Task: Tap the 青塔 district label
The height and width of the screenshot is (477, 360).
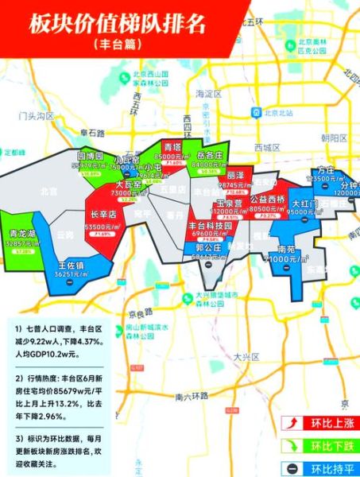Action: [172, 148]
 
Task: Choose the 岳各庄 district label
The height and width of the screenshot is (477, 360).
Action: [208, 157]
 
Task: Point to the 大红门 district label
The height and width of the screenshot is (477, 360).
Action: [304, 204]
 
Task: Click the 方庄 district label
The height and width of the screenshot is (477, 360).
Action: [324, 170]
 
